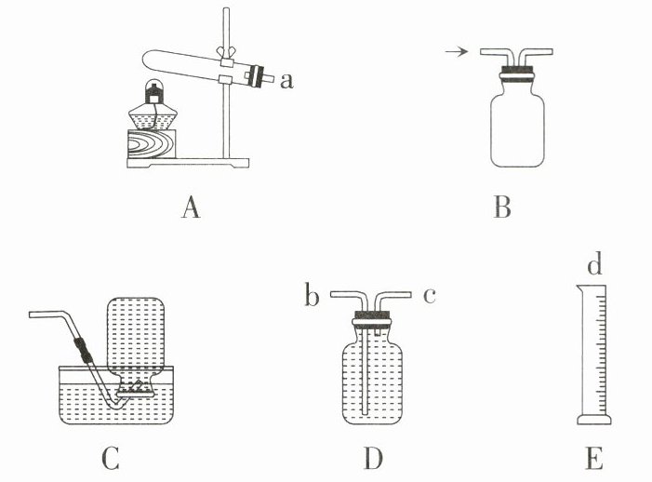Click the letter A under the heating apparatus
click(191, 208)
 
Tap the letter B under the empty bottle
click(502, 208)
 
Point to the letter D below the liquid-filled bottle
click(373, 459)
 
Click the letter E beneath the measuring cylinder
click(594, 459)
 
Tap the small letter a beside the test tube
click(286, 81)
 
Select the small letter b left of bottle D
click(311, 297)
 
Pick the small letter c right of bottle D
click(430, 296)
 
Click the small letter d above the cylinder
click(594, 267)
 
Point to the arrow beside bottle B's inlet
click(456, 53)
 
